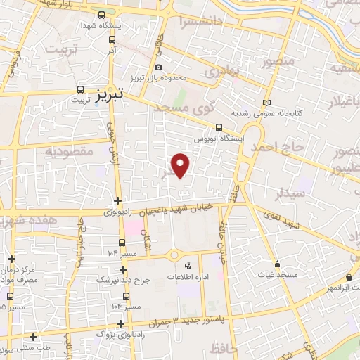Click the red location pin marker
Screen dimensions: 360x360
(181, 165)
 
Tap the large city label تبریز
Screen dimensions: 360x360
(110, 91)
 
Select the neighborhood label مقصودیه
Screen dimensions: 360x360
(68, 151)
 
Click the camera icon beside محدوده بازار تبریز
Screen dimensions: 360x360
(158, 67)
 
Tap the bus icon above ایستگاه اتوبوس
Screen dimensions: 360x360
(219, 127)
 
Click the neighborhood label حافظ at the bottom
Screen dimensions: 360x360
(222, 347)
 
